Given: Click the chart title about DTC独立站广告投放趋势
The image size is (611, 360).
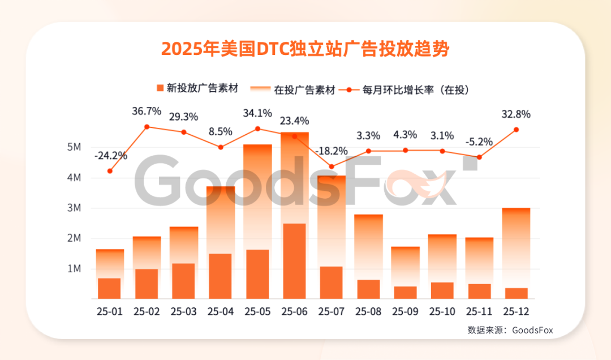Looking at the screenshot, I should (305, 49).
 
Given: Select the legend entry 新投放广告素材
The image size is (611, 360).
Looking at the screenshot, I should (196, 88).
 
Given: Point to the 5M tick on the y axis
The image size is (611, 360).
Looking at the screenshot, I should (74, 147).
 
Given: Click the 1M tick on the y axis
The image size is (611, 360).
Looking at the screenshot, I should (74, 269).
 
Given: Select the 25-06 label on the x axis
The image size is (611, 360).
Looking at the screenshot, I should (294, 312).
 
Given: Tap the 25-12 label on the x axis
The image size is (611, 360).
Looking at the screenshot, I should (516, 312).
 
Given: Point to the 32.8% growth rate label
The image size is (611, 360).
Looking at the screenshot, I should (516, 114).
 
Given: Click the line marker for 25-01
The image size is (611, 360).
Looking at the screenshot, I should (110, 171).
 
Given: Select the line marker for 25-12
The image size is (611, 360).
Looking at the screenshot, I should (516, 130).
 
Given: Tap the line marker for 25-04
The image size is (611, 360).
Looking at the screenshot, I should (221, 147).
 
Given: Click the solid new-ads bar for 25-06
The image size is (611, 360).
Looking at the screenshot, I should (294, 261).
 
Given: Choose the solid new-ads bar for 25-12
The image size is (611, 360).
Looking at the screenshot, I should (516, 293).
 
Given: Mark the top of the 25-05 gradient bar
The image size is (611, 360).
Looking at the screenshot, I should (257, 146).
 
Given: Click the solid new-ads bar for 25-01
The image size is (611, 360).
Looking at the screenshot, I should (109, 288).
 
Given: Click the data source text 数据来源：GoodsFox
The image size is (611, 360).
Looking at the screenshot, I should (510, 330).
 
